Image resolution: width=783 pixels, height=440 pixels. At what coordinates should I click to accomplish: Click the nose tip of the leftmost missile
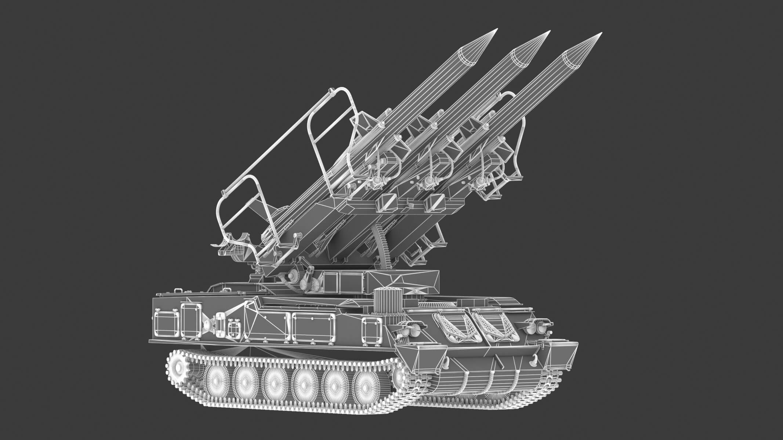click(x=496, y=29)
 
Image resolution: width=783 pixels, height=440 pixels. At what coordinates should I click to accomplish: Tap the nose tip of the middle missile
click(x=550, y=32)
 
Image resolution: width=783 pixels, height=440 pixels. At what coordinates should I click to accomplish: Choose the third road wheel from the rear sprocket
click(x=275, y=384)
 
